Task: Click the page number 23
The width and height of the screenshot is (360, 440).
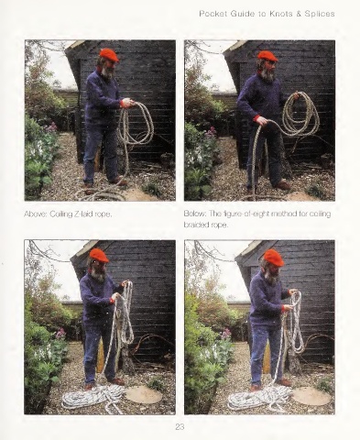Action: pos(180,426)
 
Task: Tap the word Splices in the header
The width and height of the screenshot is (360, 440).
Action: pos(320,14)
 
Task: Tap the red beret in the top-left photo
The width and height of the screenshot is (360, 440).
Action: pos(109,55)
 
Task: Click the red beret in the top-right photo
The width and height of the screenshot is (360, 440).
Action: pos(267,56)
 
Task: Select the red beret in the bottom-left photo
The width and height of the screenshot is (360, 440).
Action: pos(99,256)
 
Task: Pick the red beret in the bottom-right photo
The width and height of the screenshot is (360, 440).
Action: pos(274,258)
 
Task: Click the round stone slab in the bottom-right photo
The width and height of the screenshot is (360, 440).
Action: pos(311,395)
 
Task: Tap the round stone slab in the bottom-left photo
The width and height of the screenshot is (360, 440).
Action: pos(144,394)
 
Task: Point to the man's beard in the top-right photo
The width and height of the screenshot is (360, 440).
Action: pos(268,74)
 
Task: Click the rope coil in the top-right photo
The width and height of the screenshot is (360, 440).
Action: pos(300,114)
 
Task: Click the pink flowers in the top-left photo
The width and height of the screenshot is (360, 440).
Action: pos(51,127)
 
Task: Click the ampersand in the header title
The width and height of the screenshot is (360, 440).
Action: pos(299,14)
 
